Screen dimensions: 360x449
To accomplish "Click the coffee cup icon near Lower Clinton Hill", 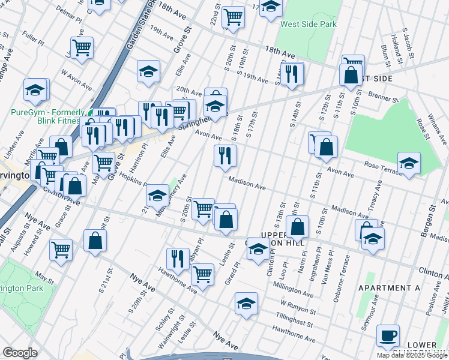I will pos(388,335).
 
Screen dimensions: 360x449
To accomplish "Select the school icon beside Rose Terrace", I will pos(409,163).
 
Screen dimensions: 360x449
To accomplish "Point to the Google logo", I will pos(20,352).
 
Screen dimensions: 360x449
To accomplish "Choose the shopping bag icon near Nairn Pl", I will pos(298,227).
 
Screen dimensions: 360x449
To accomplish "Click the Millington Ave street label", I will pos(292,288).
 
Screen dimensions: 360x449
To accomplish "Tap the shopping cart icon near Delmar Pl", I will pos(82,47).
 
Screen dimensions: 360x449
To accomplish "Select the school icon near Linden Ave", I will pos(35,90).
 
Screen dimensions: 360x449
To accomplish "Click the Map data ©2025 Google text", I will pos(412,355).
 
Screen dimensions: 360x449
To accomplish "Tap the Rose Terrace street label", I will pos(381,163).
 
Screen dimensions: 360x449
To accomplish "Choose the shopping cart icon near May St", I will pos(61,249).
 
